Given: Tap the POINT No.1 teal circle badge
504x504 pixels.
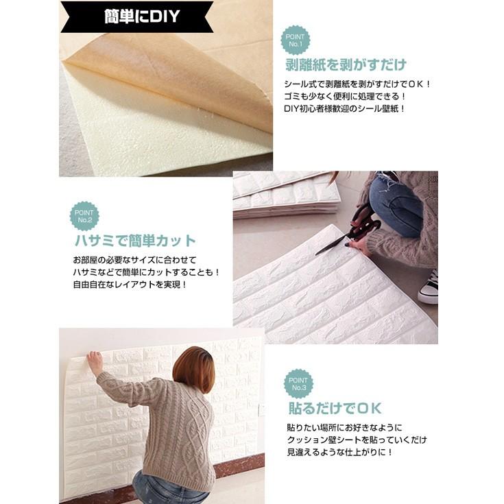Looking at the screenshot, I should pos(296,40).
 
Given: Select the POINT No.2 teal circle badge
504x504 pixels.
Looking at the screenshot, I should pos(84,216).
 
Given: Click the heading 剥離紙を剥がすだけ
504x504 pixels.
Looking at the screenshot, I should pos(346,66).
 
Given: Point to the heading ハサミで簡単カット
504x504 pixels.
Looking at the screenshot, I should pos(134,241).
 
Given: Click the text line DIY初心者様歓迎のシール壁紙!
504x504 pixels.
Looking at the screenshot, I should pos(345,108).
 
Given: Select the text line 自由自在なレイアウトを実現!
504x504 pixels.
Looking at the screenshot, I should pos(130,284).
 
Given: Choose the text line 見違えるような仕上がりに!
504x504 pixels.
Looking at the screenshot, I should pos(340,453).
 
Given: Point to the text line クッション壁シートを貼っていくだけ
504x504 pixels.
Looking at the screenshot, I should pos(357,440).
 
